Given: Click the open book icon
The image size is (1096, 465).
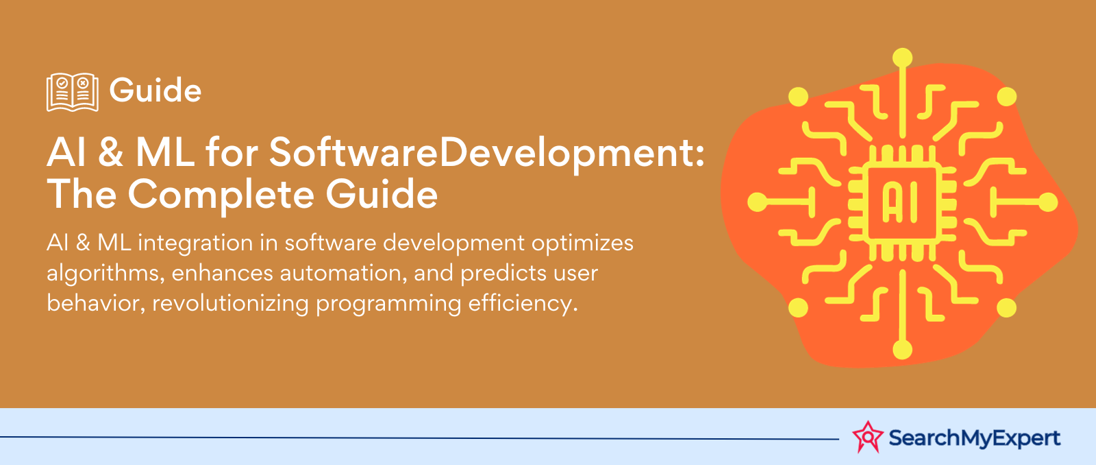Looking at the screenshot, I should click(x=72, y=92).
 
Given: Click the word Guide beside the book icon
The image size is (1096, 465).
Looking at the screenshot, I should click(x=155, y=91).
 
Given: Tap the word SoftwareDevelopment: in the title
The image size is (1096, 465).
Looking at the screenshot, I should click(x=486, y=153).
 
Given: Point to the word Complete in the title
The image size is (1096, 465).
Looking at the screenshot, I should click(x=221, y=195).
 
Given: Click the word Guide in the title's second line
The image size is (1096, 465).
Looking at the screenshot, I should click(x=382, y=195).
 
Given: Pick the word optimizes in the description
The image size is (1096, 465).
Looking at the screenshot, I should click(x=583, y=243).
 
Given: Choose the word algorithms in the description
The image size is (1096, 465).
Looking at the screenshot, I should click(x=105, y=274).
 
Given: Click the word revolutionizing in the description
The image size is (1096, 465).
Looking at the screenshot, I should click(x=230, y=303).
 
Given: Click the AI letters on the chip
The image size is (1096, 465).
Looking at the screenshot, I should click(x=900, y=203).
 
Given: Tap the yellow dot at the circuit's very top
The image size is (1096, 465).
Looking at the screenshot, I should click(x=903, y=58).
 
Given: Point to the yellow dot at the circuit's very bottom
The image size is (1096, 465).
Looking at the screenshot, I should click(x=903, y=349).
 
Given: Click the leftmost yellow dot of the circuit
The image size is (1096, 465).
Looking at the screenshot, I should click(x=757, y=202).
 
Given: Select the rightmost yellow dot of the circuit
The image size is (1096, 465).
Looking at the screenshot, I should click(x=1048, y=202).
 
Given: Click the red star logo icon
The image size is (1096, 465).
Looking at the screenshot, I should click(x=868, y=438).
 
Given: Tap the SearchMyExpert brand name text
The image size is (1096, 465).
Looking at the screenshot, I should click(x=974, y=438).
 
